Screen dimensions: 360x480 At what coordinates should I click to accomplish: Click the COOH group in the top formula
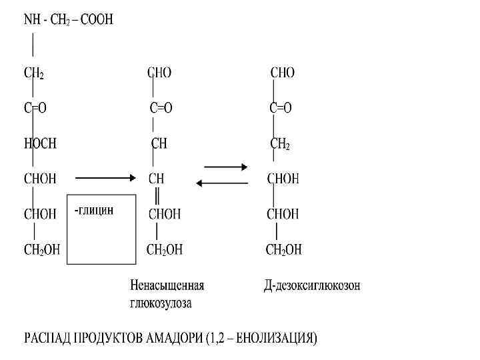pyautogui.click(x=99, y=20)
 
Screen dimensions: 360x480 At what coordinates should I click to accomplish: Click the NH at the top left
pyautogui.click(x=31, y=20)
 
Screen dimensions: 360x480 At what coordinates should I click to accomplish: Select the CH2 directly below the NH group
pyautogui.click(x=34, y=73)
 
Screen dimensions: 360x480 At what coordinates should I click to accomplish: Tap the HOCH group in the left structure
pyautogui.click(x=40, y=143)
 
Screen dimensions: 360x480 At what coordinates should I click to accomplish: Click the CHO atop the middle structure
pyautogui.click(x=159, y=73)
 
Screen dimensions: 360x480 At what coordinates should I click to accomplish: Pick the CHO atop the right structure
pyautogui.click(x=282, y=73)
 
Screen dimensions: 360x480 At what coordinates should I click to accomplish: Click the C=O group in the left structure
pyautogui.click(x=35, y=108)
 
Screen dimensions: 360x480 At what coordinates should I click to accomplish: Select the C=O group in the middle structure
pyautogui.click(x=161, y=108)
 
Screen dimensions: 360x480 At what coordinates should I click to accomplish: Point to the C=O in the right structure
pyautogui.click(x=281, y=108)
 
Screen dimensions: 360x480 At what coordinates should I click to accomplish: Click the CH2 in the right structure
pyautogui.click(x=280, y=143)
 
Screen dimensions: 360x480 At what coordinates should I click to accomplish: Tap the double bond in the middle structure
pyautogui.click(x=157, y=196)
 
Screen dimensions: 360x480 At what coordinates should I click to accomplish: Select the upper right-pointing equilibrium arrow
pyautogui.click(x=225, y=166)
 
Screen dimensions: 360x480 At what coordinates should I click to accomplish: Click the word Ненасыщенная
pyautogui.click(x=167, y=285)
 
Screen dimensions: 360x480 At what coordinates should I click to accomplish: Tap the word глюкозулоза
pyautogui.click(x=161, y=303)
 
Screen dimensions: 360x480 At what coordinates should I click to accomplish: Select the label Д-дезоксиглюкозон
pyautogui.click(x=311, y=285)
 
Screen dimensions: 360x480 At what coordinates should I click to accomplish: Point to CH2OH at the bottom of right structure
pyautogui.click(x=283, y=250)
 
